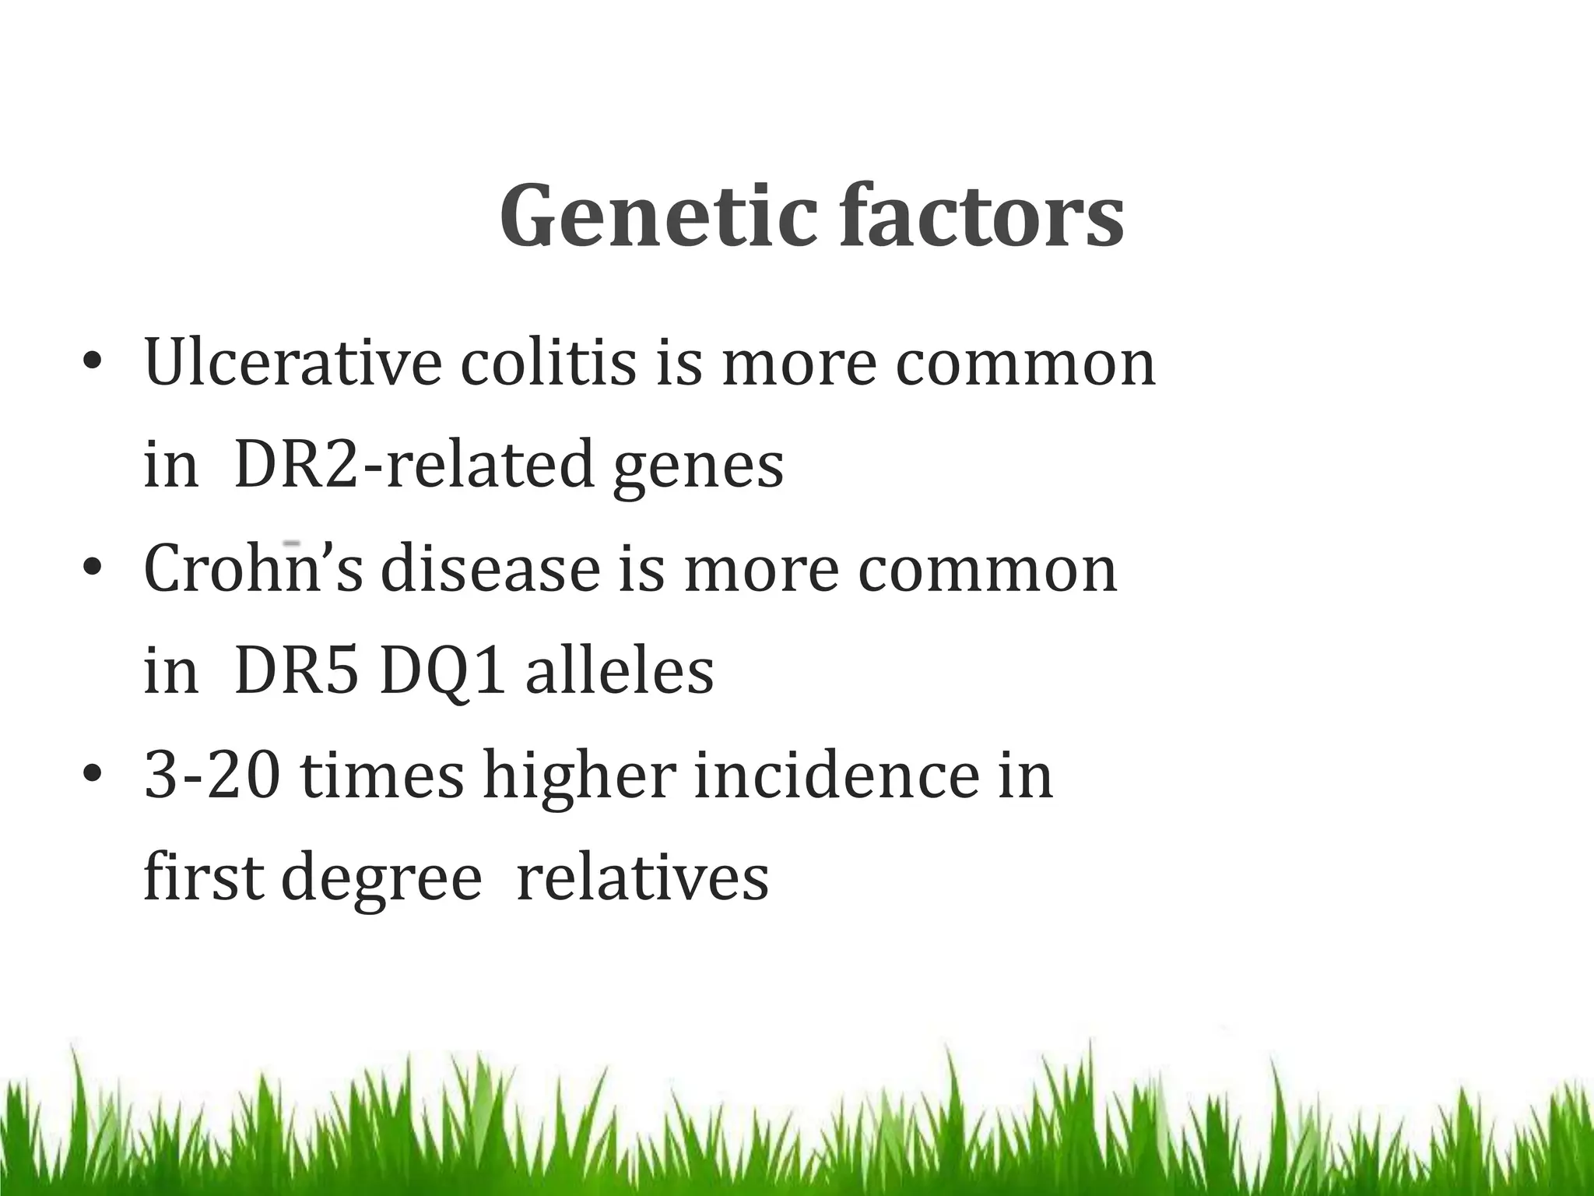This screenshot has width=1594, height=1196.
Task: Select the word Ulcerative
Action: [x=293, y=363]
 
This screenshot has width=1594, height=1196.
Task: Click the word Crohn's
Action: [x=254, y=568]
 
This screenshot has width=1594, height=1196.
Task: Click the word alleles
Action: [x=620, y=671]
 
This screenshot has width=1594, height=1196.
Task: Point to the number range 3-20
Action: [x=212, y=776]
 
